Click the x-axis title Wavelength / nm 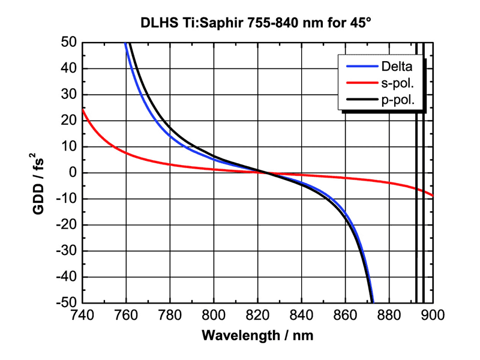pyautogui.click(x=257, y=334)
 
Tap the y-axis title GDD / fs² pyautogui.click(x=38, y=173)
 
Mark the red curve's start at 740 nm pyautogui.click(x=83, y=110)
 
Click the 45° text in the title pyautogui.click(x=361, y=24)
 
